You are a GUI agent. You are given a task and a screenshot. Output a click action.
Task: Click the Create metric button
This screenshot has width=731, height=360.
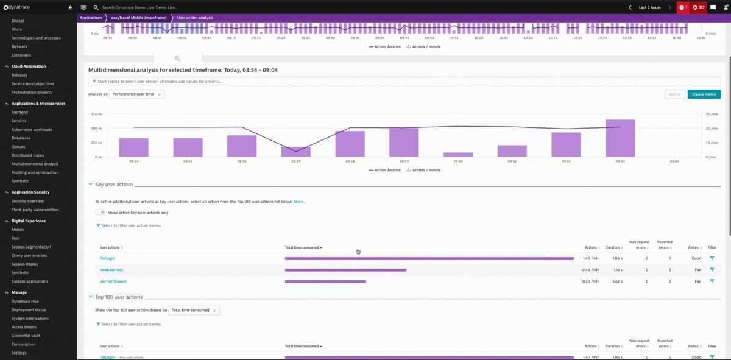[x=704, y=94]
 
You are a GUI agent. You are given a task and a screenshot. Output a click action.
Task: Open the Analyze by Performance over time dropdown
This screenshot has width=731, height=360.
[x=137, y=94]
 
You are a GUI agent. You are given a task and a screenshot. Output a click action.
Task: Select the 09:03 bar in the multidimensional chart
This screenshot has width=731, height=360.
[x=620, y=138]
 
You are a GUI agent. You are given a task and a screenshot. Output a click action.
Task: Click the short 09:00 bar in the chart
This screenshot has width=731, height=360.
[x=458, y=155]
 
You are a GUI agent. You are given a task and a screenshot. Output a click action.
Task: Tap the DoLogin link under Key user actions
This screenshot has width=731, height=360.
[x=107, y=258]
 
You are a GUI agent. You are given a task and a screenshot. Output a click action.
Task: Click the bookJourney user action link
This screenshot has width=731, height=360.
[x=111, y=270]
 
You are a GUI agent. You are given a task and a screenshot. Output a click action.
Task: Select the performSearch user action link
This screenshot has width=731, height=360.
[x=113, y=281]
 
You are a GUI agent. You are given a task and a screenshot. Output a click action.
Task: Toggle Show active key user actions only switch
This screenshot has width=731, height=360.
[x=101, y=213]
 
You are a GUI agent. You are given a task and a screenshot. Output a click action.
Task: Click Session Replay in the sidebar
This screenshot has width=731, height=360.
[x=25, y=264]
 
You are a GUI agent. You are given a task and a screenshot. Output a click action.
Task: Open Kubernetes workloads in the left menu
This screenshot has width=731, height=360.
[x=32, y=129]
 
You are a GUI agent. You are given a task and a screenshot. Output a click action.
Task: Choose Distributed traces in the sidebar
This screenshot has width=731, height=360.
[x=28, y=155]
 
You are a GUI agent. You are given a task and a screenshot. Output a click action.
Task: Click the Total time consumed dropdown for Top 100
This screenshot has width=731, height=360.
[x=194, y=311]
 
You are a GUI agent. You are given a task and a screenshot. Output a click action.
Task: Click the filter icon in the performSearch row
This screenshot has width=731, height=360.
[x=712, y=281]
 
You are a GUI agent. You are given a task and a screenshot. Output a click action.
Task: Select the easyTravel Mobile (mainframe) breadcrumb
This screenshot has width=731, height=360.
[x=139, y=18]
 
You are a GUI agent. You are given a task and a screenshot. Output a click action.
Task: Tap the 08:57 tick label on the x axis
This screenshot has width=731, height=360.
[x=295, y=161]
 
